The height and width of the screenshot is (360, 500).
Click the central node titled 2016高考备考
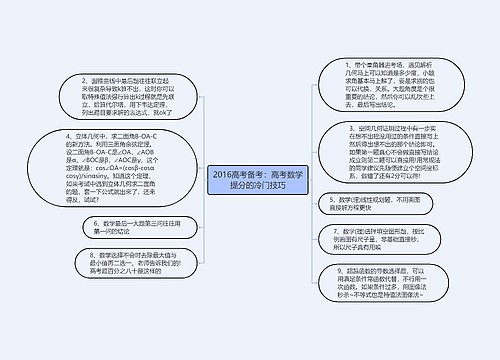point(249,180)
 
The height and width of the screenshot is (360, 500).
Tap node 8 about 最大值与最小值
point(120,261)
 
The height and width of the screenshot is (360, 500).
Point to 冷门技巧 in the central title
point(265,186)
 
